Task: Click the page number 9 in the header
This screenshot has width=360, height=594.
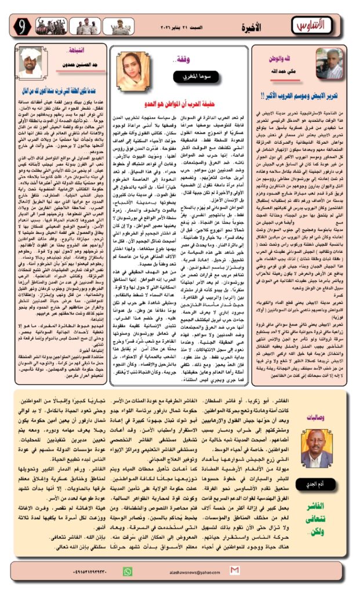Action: pos(22,26)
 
